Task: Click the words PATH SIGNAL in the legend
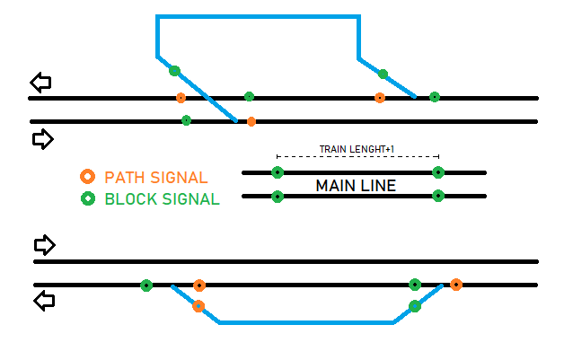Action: [x=155, y=178]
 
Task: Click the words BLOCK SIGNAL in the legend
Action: [x=162, y=199]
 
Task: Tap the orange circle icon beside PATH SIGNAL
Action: [x=87, y=177]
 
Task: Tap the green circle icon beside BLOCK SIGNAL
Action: [x=87, y=198]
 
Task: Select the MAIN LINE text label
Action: [x=356, y=186]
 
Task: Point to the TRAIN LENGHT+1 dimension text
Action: [x=357, y=149]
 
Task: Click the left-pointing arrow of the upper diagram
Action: [x=40, y=83]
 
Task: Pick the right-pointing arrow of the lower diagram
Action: [x=44, y=245]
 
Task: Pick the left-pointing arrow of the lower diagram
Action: [x=43, y=301]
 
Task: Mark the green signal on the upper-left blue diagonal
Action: [x=174, y=71]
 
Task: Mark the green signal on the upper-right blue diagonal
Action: [x=383, y=74]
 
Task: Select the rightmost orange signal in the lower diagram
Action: [x=456, y=285]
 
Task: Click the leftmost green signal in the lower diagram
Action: [x=146, y=285]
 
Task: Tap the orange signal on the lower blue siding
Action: [x=198, y=306]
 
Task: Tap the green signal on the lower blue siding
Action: [x=415, y=306]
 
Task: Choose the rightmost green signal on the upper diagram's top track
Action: [x=435, y=97]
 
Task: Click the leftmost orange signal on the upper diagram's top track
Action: [x=181, y=98]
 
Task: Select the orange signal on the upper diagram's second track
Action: [x=251, y=121]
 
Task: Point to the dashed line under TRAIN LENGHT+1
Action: [x=357, y=157]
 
